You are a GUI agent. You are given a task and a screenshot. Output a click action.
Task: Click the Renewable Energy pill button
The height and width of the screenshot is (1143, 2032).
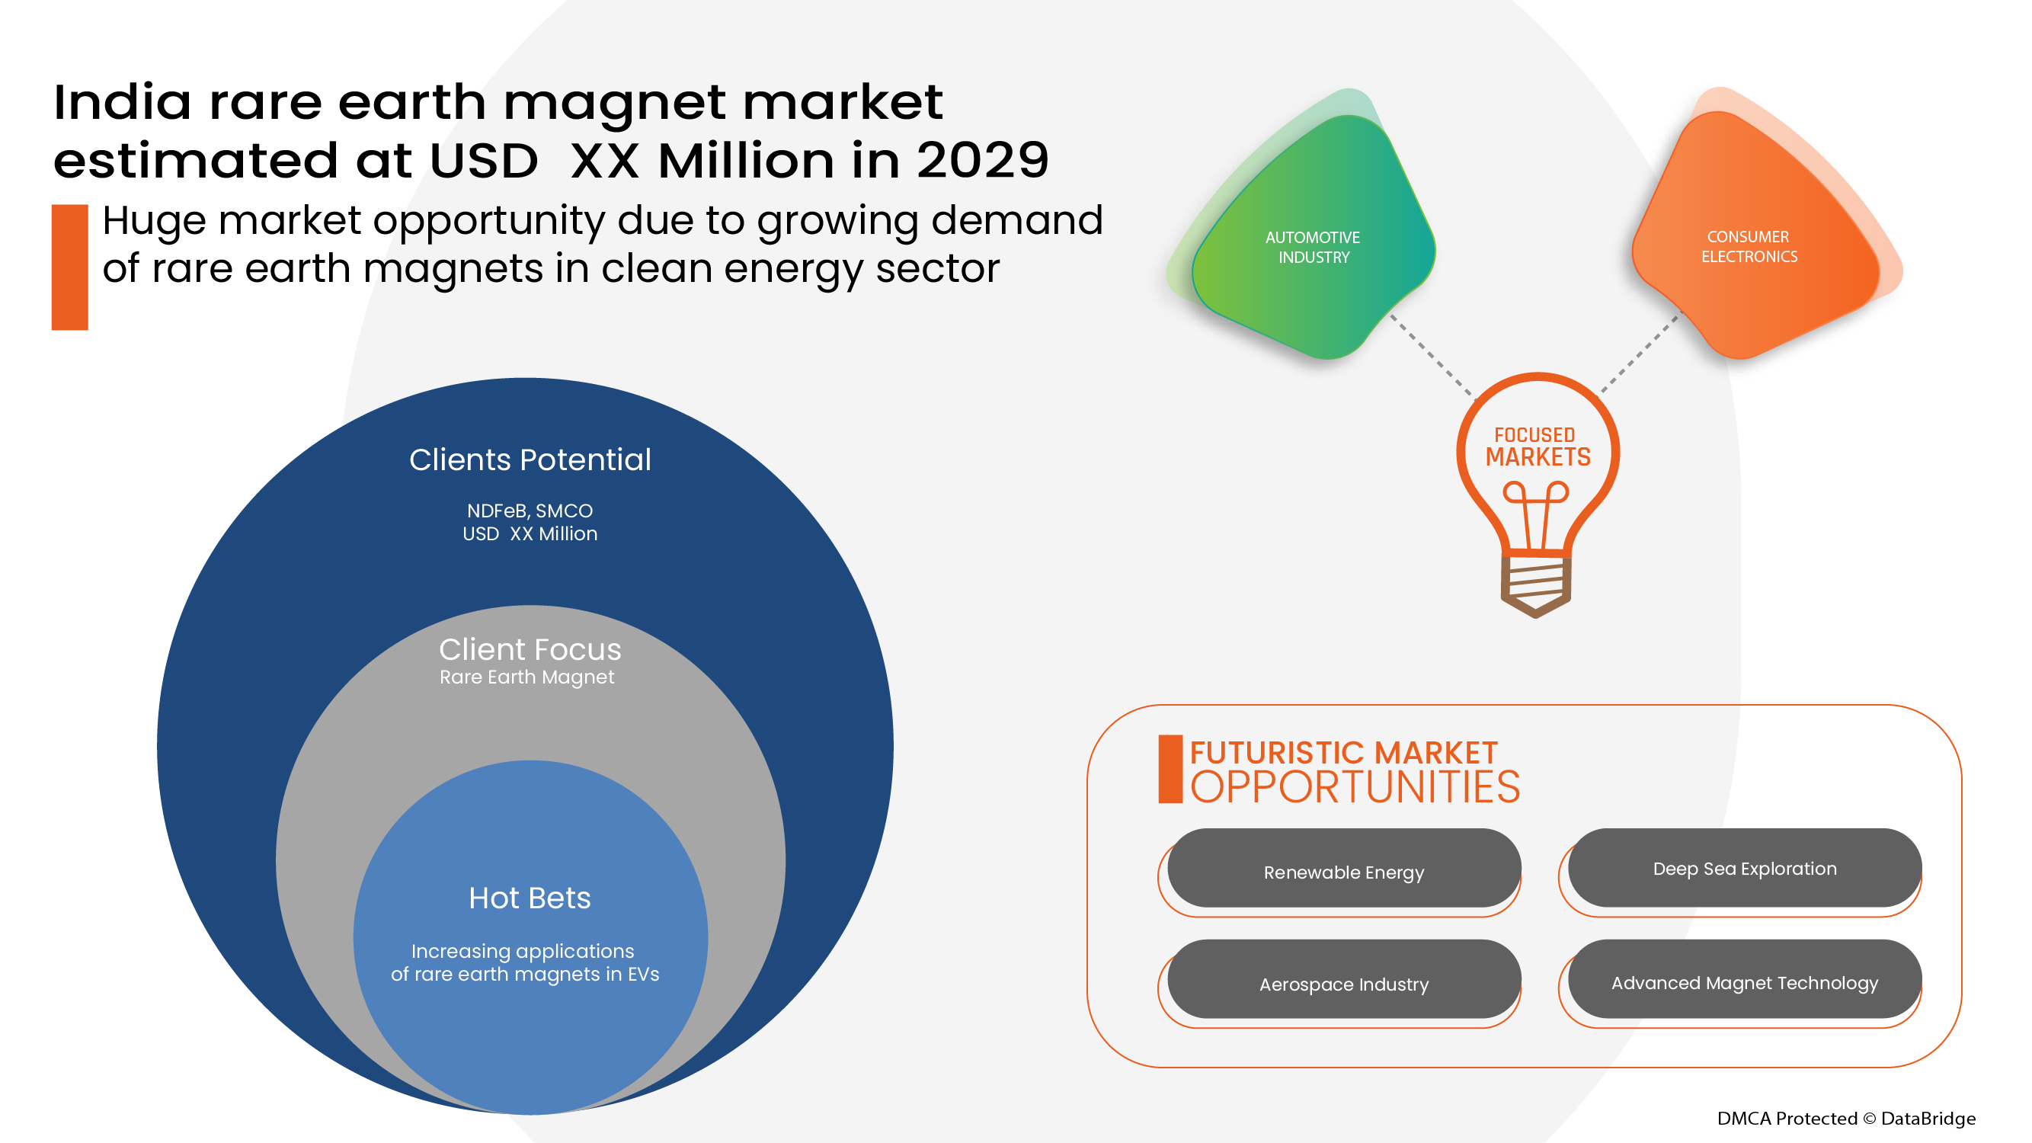1343,871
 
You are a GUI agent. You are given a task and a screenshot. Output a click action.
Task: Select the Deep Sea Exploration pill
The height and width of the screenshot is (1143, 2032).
1744,868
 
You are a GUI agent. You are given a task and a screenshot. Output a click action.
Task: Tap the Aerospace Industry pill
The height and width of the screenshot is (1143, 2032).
1343,983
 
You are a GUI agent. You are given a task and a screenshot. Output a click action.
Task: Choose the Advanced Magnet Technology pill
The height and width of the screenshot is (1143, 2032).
1744,982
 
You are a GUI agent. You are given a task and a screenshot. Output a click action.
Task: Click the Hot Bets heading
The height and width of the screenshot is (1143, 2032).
530,898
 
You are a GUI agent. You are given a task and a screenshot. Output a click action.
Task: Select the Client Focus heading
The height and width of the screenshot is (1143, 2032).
530,649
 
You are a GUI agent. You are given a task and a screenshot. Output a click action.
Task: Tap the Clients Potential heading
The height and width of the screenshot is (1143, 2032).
530,459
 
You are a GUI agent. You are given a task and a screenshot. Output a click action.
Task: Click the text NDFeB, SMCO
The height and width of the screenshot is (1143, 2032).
530,511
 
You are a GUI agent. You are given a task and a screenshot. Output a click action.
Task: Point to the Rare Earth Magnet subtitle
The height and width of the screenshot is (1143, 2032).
526,677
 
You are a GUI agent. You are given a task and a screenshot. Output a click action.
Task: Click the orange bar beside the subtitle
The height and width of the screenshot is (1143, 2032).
69,267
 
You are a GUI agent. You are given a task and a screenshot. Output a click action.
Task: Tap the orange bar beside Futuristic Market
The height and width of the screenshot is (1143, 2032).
1170,769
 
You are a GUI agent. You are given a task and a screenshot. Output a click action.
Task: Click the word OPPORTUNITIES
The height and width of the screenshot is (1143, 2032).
1355,787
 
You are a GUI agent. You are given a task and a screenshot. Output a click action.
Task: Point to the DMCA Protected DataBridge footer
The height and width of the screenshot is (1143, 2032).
1846,1118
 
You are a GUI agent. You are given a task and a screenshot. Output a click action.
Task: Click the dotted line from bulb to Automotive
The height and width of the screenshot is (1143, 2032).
1431,355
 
